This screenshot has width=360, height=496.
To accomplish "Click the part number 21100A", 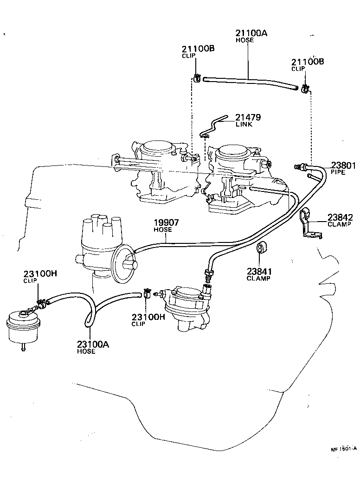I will click(x=251, y=33).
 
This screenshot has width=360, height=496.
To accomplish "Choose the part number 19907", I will click(x=166, y=223).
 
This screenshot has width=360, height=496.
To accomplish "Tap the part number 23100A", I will click(x=93, y=344).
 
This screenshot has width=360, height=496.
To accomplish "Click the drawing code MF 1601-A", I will click(x=343, y=449).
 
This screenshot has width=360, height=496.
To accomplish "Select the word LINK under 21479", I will click(x=244, y=125).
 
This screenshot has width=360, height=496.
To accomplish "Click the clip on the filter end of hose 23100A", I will click(x=41, y=304).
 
